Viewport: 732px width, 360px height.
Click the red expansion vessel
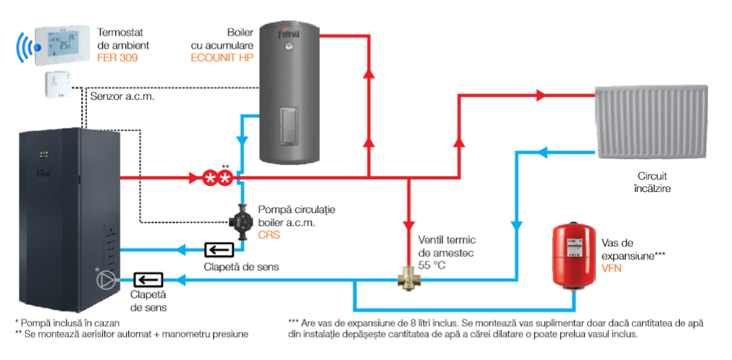tap(574, 256)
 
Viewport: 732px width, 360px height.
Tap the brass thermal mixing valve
tap(409, 280)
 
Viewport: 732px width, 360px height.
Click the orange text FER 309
tap(117, 59)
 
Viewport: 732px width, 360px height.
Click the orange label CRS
tap(269, 235)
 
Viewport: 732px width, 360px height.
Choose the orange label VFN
tap(612, 269)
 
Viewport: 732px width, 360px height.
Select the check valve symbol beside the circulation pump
tap(219, 249)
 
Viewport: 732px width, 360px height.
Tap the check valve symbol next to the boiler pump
tap(148, 280)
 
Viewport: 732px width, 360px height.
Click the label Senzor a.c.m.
tap(122, 97)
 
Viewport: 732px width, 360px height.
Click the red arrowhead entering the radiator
tap(541, 96)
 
